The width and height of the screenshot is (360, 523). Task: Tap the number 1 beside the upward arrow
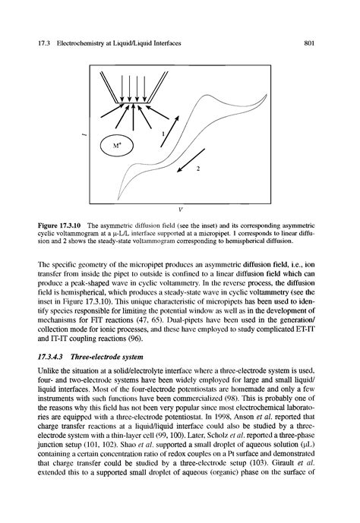pyautogui.click(x=162, y=132)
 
